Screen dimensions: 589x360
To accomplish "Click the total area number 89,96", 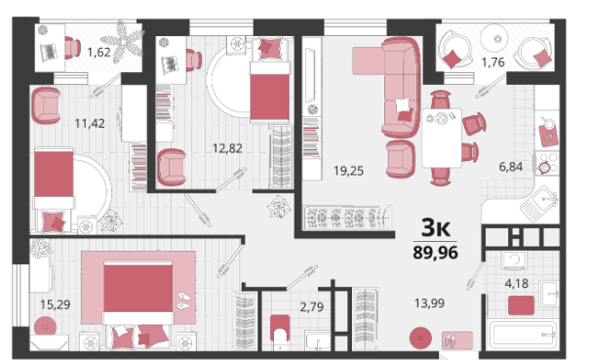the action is [x=435, y=253].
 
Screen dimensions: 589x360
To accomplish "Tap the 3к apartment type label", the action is [x=436, y=227].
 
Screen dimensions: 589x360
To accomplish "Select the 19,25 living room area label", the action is [x=348, y=171].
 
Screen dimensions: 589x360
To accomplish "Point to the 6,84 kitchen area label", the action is [x=511, y=166].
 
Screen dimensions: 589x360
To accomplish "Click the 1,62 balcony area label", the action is [x=98, y=52].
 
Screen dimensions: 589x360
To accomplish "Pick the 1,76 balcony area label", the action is [x=492, y=62].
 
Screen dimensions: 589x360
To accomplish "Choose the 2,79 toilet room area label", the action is [x=311, y=307].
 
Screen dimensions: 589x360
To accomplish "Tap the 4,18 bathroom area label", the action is [x=517, y=283].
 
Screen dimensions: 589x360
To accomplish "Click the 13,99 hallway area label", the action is [x=429, y=302].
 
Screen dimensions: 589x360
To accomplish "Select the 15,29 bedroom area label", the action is [x=56, y=304].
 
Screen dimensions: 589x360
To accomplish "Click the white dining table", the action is [x=442, y=138].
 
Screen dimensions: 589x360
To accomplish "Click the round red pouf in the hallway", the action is [x=420, y=339].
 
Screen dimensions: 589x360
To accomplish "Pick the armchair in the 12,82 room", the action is [x=172, y=167].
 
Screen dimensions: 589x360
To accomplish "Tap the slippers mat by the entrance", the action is [x=457, y=340].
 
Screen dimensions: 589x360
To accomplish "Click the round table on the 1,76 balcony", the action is [x=494, y=38].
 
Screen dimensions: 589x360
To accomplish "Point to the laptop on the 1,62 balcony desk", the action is [x=49, y=53].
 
